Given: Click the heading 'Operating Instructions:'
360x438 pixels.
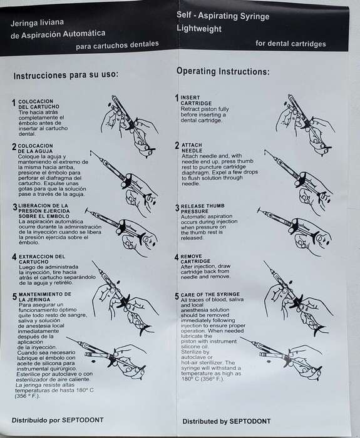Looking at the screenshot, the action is click(x=223, y=71).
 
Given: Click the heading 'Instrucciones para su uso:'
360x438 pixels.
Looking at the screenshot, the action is click(x=66, y=75).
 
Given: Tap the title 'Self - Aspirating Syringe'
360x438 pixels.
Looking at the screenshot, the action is click(x=223, y=16).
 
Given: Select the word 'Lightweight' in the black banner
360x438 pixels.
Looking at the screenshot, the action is click(x=199, y=29).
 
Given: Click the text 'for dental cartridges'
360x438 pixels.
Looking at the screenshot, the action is click(x=291, y=44).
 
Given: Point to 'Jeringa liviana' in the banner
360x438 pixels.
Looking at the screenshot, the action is click(x=37, y=23).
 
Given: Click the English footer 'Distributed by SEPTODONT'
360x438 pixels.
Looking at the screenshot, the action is click(x=227, y=421).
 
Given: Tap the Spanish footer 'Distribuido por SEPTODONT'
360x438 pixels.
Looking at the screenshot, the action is click(x=58, y=420).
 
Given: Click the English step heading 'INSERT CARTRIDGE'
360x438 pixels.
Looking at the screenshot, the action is click(x=196, y=100).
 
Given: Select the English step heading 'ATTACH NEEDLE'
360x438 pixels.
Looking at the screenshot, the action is click(x=192, y=148).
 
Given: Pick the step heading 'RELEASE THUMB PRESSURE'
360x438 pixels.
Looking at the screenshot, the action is click(x=203, y=208).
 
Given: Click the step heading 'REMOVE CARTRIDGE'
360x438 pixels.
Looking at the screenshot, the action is click(x=195, y=258).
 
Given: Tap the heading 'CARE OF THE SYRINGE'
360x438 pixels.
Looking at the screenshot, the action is click(x=210, y=295).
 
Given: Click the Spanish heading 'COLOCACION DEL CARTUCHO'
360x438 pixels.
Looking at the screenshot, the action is click(x=39, y=104).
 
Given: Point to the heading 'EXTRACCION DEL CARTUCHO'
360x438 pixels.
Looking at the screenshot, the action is click(x=42, y=259).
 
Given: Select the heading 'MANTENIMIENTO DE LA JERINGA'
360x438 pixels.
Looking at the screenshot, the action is click(x=45, y=297).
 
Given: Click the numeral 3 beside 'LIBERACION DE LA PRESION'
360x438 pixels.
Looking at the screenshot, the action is click(x=15, y=207).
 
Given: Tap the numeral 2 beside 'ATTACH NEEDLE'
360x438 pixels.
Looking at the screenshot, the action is click(x=177, y=146).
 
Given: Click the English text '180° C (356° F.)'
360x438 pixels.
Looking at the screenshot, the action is click(x=203, y=379).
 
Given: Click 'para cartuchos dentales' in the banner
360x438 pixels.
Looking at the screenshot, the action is click(x=118, y=45).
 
